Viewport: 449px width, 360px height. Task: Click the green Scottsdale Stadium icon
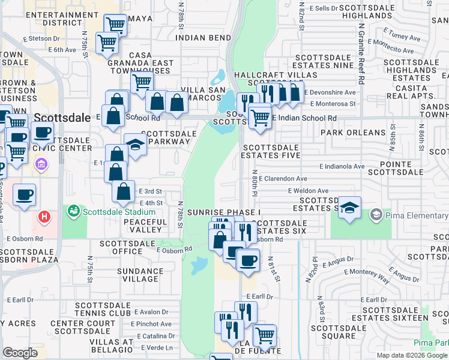[x=73, y=211]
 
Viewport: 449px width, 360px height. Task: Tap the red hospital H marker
[x=44, y=217]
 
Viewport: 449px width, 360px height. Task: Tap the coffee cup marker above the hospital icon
[x=24, y=195]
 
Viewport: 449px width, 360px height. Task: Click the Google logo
[x=19, y=353]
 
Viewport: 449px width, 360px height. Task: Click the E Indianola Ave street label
[x=342, y=166]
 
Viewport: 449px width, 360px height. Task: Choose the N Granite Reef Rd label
[x=361, y=54]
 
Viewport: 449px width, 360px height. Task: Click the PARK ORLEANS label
[x=353, y=133]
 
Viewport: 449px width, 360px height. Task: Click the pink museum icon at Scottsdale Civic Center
[x=41, y=164]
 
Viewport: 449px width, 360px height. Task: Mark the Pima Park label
[x=431, y=343]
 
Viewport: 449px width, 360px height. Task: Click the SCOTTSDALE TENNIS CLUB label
[x=103, y=309]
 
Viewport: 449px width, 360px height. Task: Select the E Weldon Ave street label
[x=307, y=191]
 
